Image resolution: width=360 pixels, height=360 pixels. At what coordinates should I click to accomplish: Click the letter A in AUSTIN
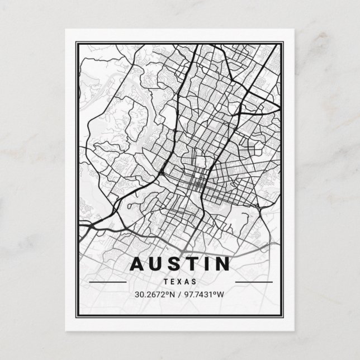click(138, 264)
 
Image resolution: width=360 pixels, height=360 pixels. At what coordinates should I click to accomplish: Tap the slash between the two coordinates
click(179, 295)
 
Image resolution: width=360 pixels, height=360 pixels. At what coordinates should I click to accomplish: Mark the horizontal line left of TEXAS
click(107, 282)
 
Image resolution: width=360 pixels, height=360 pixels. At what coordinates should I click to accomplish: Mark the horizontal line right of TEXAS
click(253, 282)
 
